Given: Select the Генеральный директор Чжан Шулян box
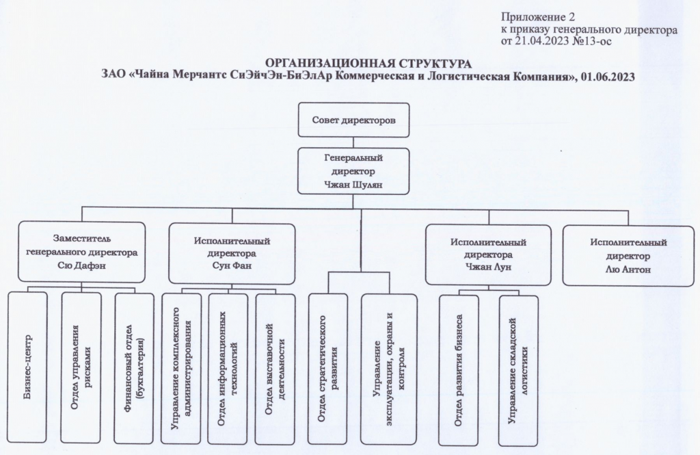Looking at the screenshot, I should coord(354,170).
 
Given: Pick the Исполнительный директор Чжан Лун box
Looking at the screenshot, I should coord(488,254).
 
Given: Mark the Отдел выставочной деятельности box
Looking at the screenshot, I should coord(275,369).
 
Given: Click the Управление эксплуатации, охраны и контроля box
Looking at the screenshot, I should coord(388,369).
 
